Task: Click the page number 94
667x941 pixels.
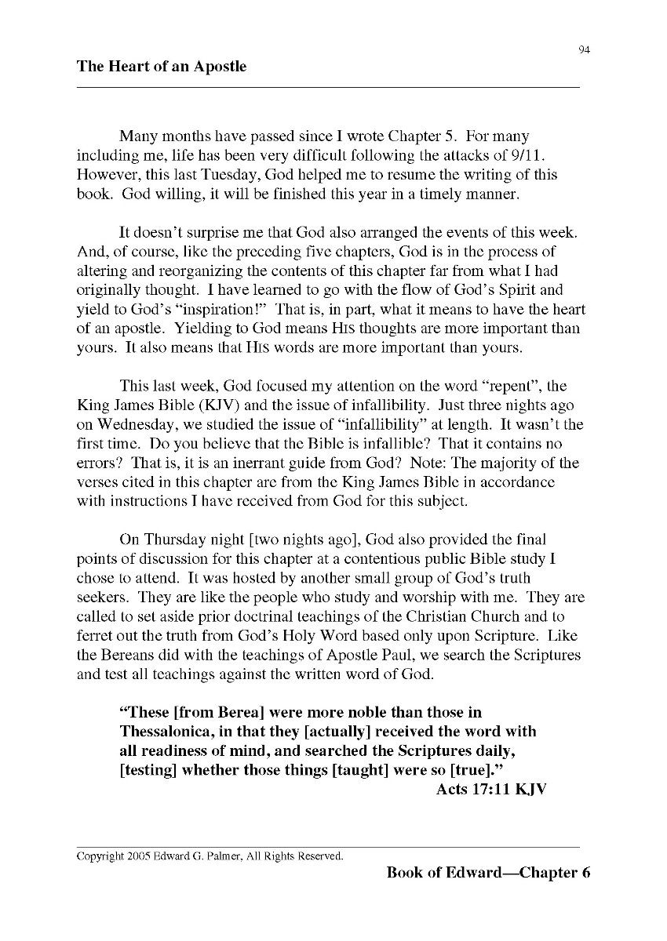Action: click(584, 51)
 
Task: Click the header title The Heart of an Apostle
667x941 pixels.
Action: click(161, 67)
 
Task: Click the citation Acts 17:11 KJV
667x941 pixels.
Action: click(490, 788)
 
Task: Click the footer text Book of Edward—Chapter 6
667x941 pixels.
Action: click(487, 873)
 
